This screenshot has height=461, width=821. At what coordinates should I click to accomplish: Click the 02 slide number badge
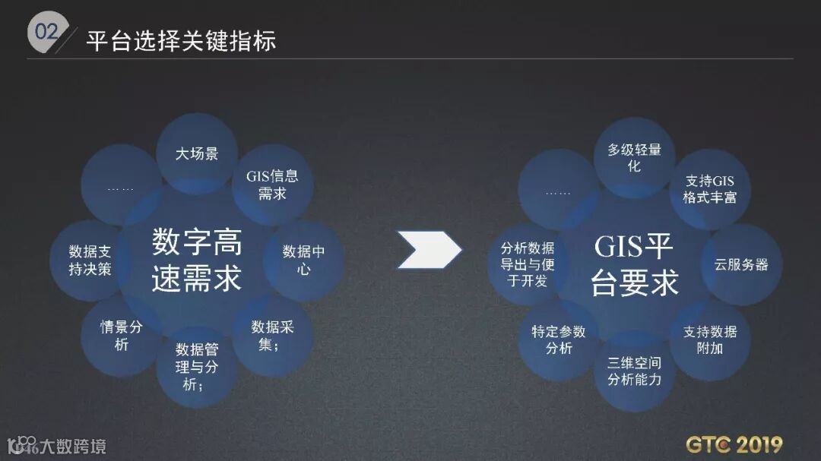45,33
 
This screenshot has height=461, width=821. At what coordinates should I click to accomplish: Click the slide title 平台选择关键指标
180,39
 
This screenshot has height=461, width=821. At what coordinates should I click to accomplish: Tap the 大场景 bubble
197,153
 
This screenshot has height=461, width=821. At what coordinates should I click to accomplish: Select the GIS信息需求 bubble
272,185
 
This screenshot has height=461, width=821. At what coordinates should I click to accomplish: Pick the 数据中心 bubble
303,259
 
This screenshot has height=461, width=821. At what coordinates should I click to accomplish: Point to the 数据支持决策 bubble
90,259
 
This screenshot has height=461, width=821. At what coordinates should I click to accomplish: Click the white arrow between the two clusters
429,250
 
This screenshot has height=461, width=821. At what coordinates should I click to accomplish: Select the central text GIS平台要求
634,264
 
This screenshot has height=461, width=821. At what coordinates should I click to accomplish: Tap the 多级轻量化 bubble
634,158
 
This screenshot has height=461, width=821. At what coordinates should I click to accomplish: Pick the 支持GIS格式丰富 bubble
709,189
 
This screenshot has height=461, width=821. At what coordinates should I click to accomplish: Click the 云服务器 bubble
741,264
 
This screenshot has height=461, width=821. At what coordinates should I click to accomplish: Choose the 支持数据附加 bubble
709,339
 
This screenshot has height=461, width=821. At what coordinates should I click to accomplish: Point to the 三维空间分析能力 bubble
634,371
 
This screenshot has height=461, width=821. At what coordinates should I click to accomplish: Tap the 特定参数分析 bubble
559,339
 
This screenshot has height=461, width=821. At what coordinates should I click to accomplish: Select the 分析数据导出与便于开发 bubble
528,264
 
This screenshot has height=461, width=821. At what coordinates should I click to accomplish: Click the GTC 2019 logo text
734,444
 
